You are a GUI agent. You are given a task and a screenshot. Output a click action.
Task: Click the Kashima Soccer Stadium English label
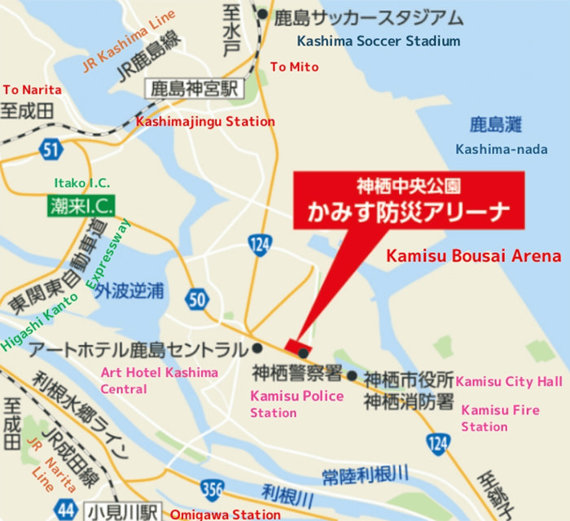(379, 41)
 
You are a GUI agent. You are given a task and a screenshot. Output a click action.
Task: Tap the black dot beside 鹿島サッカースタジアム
(262, 15)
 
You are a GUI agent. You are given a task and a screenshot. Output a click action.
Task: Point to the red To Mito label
(294, 67)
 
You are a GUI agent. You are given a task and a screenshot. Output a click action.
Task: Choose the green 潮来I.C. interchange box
(81, 205)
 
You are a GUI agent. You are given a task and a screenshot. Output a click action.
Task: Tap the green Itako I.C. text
(81, 182)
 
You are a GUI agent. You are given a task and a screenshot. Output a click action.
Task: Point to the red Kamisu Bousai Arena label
(473, 256)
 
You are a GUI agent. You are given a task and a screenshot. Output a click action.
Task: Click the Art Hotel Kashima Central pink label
(159, 381)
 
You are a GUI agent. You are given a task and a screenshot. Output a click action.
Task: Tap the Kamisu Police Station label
(296, 404)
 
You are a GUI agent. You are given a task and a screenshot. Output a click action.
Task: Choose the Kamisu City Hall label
(509, 382)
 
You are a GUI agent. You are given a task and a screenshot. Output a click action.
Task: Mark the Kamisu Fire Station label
(500, 418)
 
